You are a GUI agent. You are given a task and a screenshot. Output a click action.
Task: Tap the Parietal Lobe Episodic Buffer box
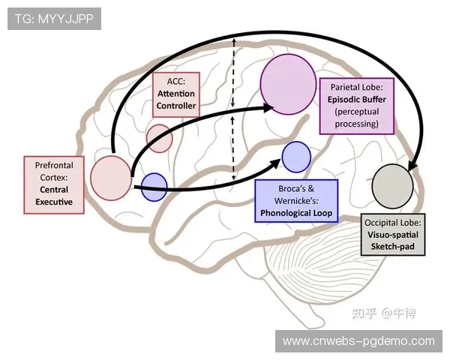[358, 105]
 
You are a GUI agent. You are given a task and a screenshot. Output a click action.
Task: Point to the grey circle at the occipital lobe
[393, 184]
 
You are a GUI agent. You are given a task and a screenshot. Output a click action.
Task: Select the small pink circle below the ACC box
[159, 138]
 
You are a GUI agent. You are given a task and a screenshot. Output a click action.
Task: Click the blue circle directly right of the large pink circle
[154, 187]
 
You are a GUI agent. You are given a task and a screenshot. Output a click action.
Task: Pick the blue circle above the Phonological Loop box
[296, 157]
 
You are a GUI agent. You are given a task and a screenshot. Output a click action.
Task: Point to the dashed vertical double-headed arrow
[234, 109]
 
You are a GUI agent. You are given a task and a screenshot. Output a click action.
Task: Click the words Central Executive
[53, 196]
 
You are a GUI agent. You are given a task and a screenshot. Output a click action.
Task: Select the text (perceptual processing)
[358, 118]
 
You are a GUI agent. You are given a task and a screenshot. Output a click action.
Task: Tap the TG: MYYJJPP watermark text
[53, 19]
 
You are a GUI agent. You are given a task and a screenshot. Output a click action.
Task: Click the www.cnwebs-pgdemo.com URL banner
[358, 341]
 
